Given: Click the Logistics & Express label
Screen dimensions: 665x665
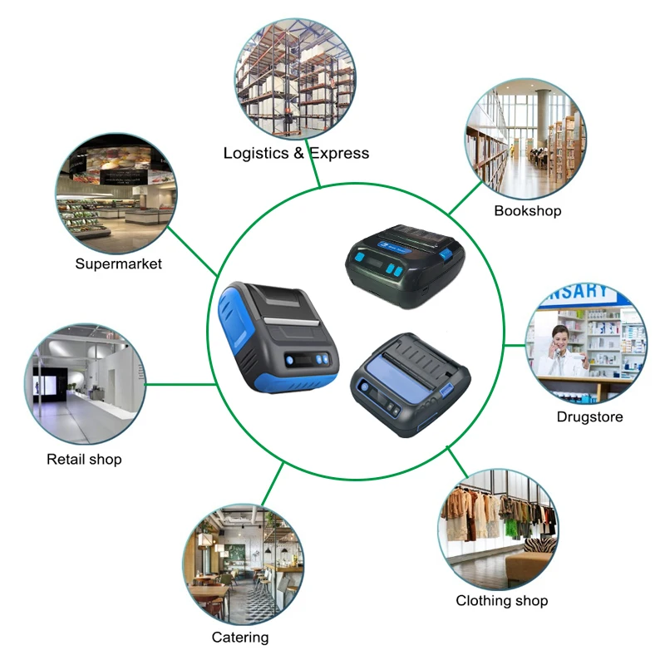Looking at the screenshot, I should [296, 153].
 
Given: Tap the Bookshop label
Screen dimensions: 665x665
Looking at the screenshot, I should [527, 210].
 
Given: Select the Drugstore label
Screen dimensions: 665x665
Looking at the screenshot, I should [589, 416].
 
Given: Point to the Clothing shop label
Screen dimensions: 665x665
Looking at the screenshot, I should [501, 600].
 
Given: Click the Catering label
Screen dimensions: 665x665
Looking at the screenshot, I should [240, 638].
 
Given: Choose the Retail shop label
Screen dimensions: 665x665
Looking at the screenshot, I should [84, 459].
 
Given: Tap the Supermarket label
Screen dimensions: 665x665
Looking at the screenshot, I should [118, 264].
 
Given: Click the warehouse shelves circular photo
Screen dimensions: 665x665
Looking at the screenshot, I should [297, 80].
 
